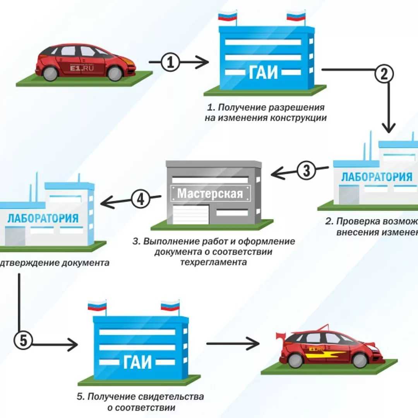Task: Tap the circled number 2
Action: [x=384, y=74]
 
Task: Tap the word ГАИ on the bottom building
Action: [x=140, y=363]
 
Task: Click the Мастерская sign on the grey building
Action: [x=210, y=193]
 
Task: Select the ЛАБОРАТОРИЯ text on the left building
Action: [x=43, y=218]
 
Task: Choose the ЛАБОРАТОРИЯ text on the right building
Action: [x=376, y=177]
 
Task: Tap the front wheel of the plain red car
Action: [x=115, y=73]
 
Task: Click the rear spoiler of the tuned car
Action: [x=279, y=336]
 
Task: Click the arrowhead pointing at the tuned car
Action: [x=254, y=343]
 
